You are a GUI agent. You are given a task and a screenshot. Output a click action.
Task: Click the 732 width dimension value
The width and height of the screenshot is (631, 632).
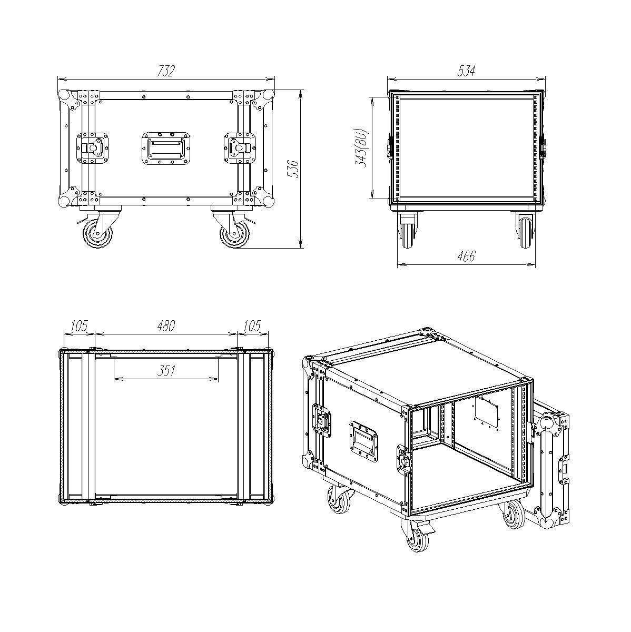(x=166, y=71)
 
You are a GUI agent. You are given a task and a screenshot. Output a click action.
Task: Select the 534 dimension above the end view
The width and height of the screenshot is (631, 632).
(x=466, y=71)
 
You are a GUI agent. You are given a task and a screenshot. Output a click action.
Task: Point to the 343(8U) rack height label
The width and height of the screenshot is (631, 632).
(x=363, y=148)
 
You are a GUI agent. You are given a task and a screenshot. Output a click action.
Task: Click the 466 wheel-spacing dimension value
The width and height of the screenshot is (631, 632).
(x=466, y=256)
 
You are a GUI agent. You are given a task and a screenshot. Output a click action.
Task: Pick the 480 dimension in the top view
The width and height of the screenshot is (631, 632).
(x=166, y=325)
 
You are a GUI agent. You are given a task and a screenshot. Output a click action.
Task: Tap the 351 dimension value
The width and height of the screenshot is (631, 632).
(x=166, y=371)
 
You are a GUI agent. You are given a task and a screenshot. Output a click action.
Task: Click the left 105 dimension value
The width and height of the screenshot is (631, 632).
(x=79, y=325)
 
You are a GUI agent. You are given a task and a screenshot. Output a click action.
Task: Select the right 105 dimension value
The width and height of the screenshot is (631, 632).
(x=252, y=325)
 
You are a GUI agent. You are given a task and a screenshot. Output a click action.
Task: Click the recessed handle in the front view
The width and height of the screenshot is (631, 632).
(x=166, y=148)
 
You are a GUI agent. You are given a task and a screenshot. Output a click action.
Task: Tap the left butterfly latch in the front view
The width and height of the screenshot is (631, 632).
(x=92, y=148)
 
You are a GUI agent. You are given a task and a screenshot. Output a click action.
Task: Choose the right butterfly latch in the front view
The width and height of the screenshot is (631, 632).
(x=240, y=148)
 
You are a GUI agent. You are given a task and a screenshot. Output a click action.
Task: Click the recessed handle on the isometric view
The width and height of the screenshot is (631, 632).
(x=364, y=441)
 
